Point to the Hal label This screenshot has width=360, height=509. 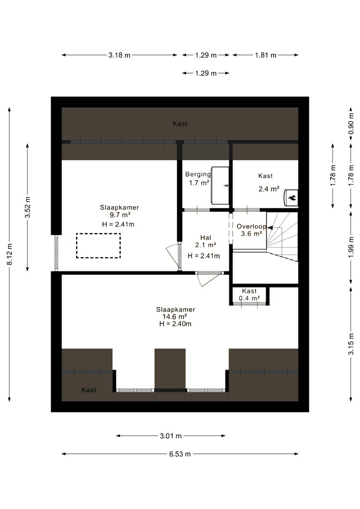point(206,238)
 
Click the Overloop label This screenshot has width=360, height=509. point(251,227)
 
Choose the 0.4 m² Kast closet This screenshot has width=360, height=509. point(249,295)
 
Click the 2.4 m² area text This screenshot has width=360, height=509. point(269,189)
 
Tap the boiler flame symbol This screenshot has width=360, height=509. point(291,197)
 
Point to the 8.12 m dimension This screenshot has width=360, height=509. point(10,254)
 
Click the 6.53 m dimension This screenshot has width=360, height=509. point(180,454)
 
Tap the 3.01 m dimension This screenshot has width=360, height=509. point(171,436)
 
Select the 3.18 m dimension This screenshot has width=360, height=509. point(119,55)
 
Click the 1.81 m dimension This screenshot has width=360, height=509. point(266,55)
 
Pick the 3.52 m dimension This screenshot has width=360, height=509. point(28,208)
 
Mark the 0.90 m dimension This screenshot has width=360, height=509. point(351,124)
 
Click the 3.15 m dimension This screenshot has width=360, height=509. point(351,344)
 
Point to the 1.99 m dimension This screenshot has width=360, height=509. point(351,248)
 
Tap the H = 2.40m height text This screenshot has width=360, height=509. point(175,323)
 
